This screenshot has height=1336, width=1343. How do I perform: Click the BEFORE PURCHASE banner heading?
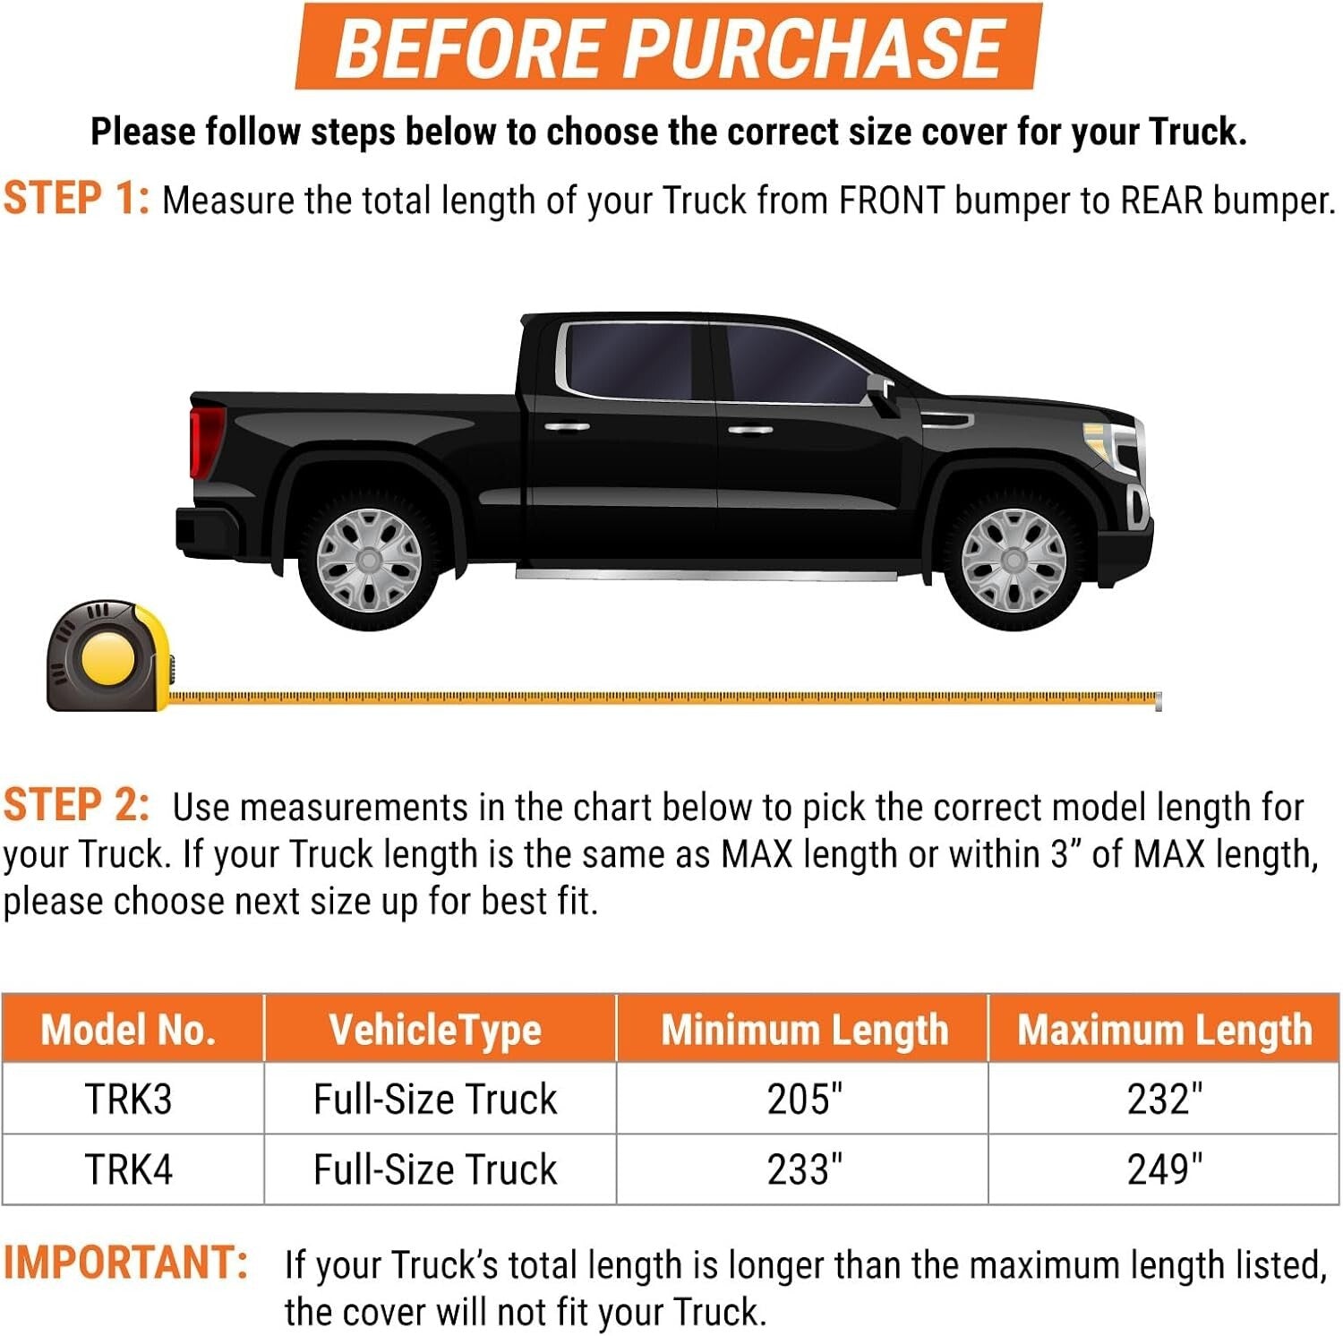click(669, 47)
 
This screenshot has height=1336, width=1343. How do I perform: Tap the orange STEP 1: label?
click(76, 198)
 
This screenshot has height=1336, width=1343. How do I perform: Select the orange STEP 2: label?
click(76, 805)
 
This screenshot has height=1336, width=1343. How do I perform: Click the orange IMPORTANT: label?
click(125, 1263)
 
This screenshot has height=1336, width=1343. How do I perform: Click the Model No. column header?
click(129, 1030)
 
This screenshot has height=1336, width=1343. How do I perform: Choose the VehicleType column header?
click(435, 1030)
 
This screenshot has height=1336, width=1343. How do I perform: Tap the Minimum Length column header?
click(804, 1030)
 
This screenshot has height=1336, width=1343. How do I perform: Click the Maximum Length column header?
click(1164, 1030)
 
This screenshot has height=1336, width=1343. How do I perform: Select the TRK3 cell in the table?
click(129, 1099)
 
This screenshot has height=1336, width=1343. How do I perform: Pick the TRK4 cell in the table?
click(129, 1169)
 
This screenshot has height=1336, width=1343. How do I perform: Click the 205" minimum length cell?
click(804, 1099)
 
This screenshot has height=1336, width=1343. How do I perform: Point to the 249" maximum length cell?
click(1164, 1169)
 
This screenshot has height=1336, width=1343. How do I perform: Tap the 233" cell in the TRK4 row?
click(804, 1169)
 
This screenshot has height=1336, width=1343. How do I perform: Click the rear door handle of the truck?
click(566, 427)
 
